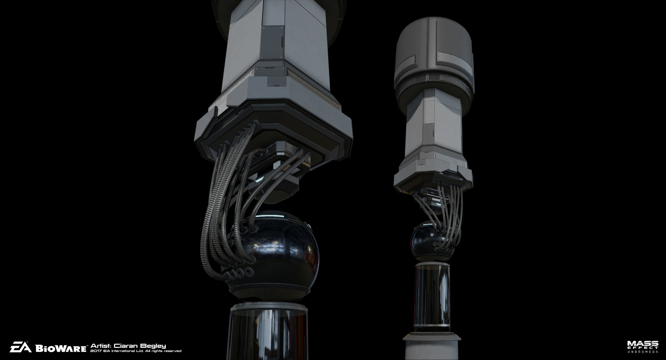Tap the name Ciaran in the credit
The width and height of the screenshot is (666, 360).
point(125,346)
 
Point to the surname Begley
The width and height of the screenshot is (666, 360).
point(153,346)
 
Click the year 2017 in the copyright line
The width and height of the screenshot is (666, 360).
point(96,351)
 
